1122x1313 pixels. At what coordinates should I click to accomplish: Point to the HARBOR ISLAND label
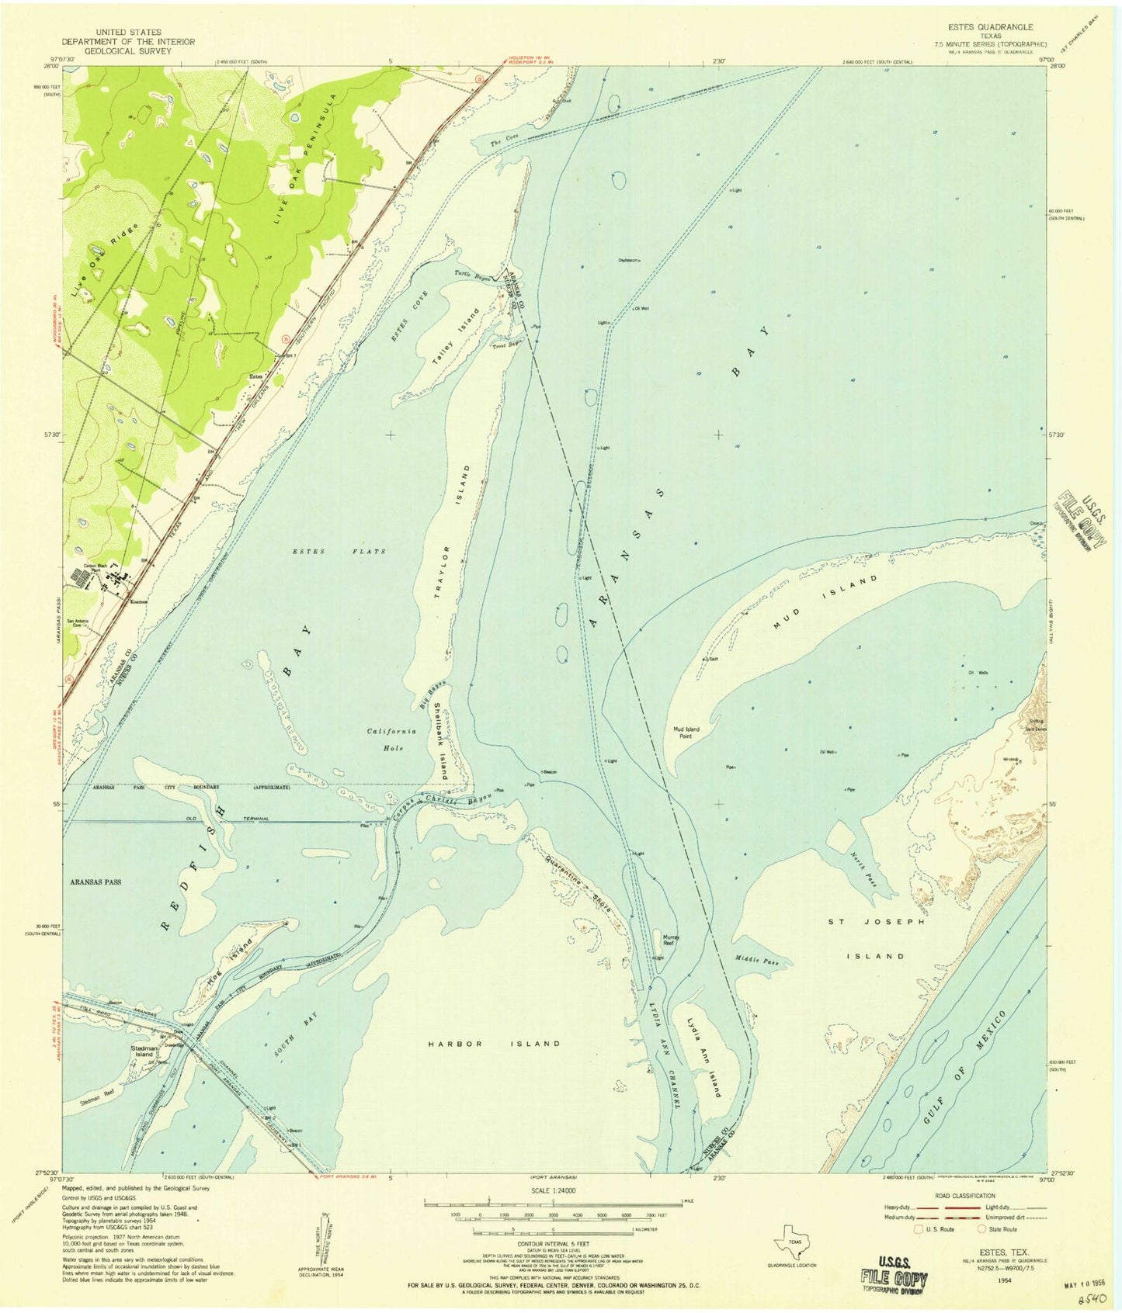[x=494, y=1044]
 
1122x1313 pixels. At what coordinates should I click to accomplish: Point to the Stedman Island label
[x=144, y=1051]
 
